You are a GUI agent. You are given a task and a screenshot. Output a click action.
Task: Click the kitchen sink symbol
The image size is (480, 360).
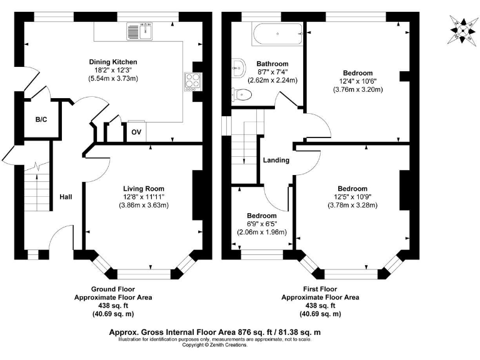(x=139, y=31)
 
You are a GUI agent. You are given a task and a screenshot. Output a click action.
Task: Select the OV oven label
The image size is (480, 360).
(x=136, y=132)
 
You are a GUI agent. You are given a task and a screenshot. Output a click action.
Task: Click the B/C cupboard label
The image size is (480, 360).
(x=41, y=119)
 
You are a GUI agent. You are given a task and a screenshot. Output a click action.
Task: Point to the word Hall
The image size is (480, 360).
(x=66, y=197)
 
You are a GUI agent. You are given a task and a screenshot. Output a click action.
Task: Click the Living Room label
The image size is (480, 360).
(x=144, y=189)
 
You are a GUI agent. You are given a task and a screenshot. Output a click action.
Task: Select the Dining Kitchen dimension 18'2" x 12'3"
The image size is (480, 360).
(x=113, y=70)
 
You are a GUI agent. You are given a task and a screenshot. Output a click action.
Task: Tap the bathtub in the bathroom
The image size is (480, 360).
(x=277, y=34)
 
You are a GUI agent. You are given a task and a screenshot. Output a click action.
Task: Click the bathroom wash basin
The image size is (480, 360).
(x=239, y=67)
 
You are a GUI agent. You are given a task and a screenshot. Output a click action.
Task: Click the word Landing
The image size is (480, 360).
(x=276, y=160)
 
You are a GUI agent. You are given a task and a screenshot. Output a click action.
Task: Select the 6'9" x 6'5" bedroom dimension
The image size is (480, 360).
(x=262, y=224)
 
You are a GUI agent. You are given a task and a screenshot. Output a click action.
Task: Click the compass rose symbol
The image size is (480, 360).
(x=463, y=31)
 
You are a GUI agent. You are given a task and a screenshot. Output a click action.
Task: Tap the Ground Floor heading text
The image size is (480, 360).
(x=113, y=289)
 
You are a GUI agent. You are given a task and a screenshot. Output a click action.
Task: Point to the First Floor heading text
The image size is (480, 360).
(x=320, y=289)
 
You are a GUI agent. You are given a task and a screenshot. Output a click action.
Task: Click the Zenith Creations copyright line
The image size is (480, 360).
(x=215, y=345)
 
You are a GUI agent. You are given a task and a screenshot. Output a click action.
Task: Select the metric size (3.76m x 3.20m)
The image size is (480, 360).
(x=358, y=89)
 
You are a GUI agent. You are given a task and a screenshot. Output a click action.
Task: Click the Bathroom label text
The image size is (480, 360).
(x=272, y=64)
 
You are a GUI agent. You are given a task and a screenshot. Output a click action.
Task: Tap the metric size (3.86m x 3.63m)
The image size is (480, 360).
(x=144, y=205)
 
